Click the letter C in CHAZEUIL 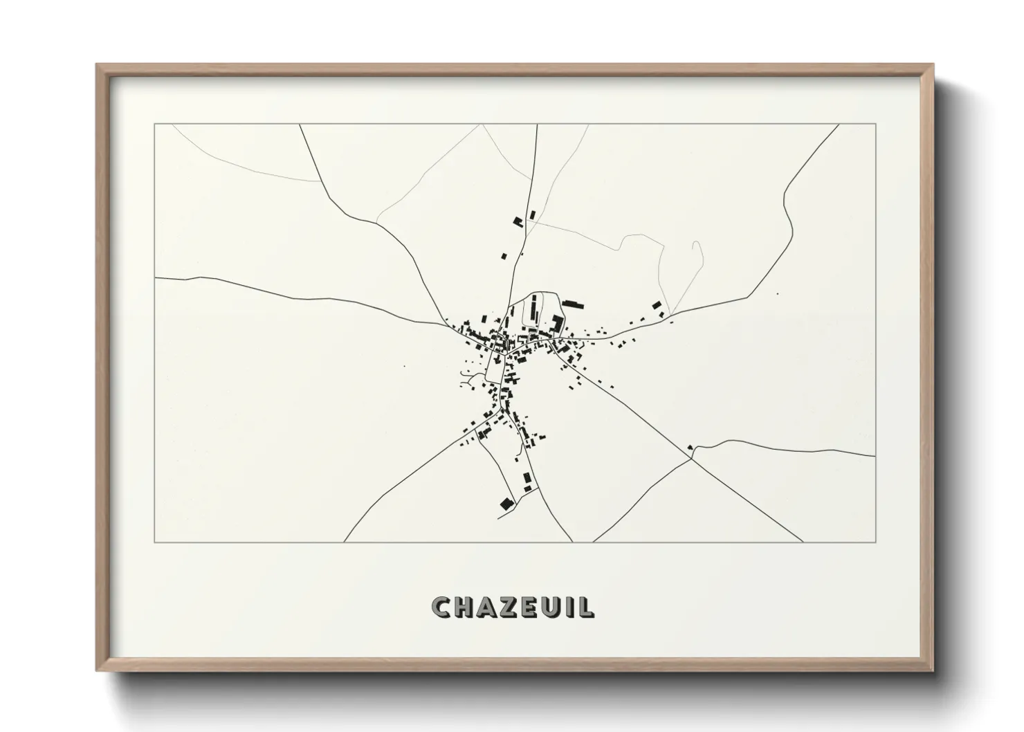[441, 607]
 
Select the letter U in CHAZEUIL [547, 607]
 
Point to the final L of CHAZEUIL [587, 607]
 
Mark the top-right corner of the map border [876, 125]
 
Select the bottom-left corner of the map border [155, 542]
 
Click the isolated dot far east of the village [777, 294]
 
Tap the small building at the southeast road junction [690, 447]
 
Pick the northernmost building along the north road [532, 214]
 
